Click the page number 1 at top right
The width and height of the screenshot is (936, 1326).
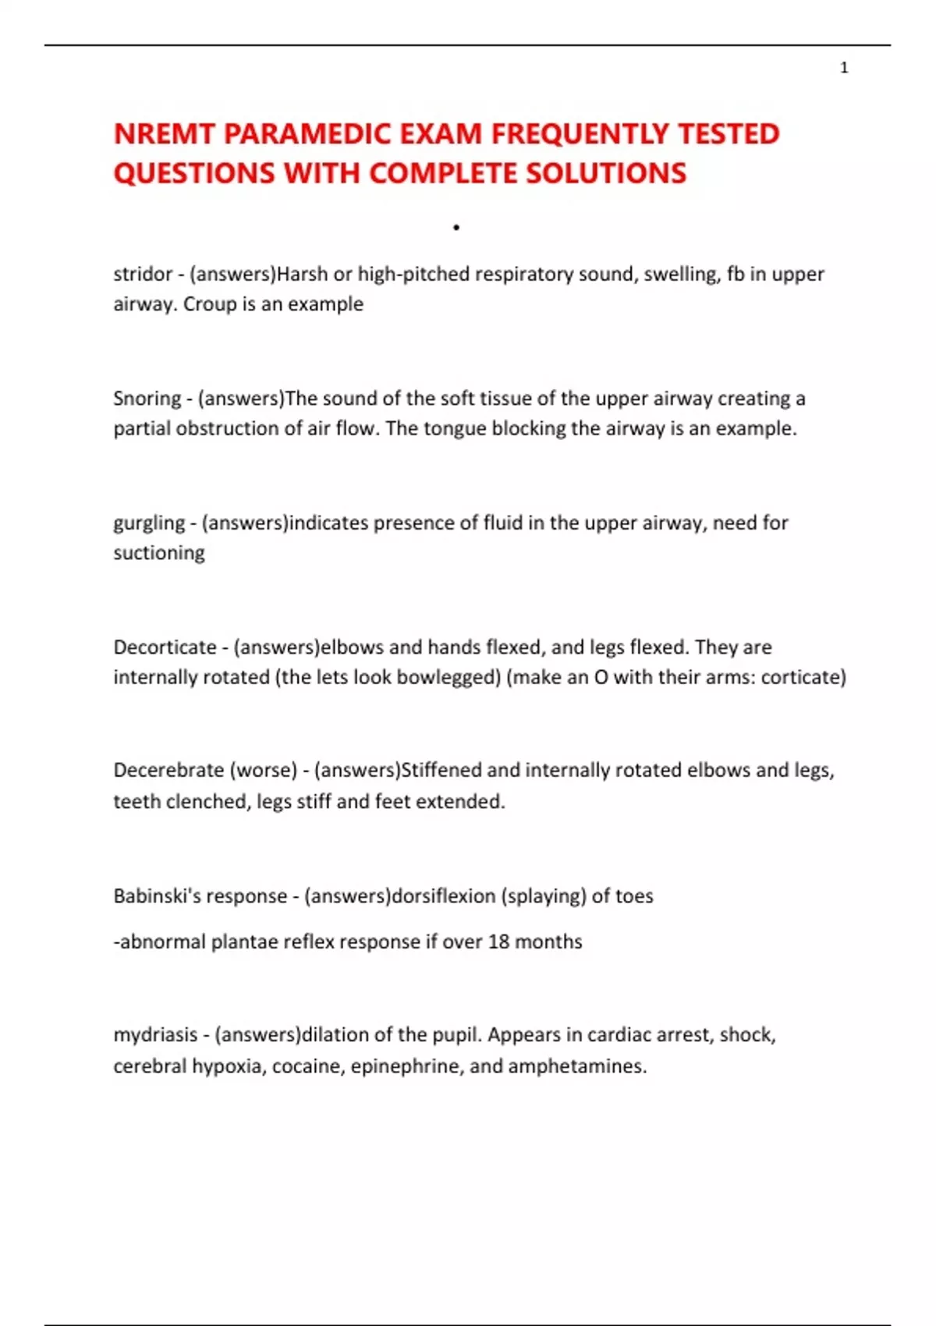coord(844,68)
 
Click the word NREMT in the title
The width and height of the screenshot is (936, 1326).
coord(164,134)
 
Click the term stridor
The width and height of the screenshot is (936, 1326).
coord(143,274)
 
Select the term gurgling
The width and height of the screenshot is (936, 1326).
coord(149,523)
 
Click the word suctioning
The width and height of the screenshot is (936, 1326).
coord(159,553)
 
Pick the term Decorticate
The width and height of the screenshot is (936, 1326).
coord(165,647)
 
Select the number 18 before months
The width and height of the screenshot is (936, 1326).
coord(498,941)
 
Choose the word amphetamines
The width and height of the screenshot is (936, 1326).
coord(577,1066)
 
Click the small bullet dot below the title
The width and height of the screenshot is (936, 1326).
coord(456,228)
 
